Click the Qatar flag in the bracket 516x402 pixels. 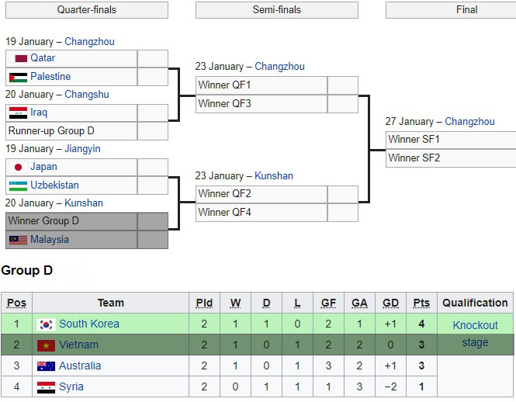click(18, 59)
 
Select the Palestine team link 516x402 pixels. click(50, 76)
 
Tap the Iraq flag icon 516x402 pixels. click(18, 113)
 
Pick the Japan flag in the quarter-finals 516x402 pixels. click(18, 168)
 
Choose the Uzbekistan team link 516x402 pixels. click(54, 185)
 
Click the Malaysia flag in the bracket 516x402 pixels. click(18, 240)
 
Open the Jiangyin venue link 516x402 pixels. click(82, 149)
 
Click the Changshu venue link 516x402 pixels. click(87, 95)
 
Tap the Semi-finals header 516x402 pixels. click(277, 10)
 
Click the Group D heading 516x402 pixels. click(27, 270)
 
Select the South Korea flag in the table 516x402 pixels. click(46, 324)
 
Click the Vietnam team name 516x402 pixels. click(78, 345)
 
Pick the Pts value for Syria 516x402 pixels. click(421, 386)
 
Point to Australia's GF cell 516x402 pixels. click(328, 366)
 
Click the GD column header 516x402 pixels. click(390, 303)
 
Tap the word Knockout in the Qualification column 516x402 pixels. click(475, 325)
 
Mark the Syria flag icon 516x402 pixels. click(46, 387)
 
